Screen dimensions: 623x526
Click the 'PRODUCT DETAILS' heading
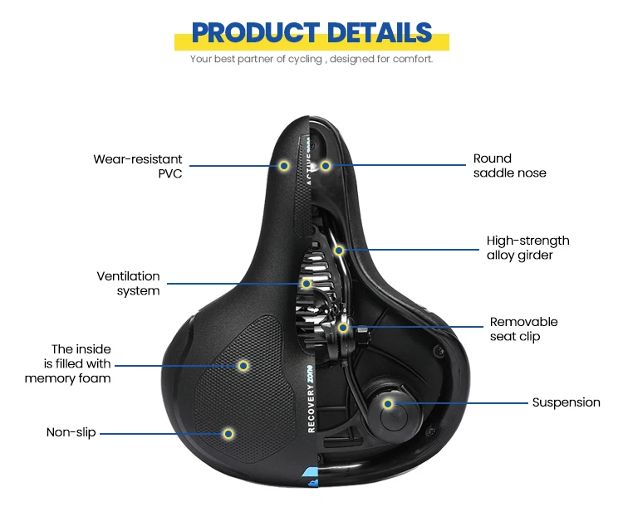point(311,32)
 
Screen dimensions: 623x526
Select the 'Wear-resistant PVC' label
point(138,166)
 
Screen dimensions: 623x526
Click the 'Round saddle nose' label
point(509,165)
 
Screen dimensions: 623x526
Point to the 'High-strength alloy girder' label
point(527,247)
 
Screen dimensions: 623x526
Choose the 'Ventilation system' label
point(128,283)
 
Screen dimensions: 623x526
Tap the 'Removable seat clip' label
point(523,329)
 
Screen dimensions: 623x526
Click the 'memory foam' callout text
point(68,363)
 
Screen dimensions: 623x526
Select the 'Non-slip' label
point(71,432)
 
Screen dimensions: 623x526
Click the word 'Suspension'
point(566,402)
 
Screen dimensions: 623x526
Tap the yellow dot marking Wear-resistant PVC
point(284,166)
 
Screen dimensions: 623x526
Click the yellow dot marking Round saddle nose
point(326,166)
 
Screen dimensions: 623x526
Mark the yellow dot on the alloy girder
point(339,250)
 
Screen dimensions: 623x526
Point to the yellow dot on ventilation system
point(307,284)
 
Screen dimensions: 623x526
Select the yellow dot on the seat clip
point(343,328)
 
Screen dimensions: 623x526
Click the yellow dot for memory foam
point(243,364)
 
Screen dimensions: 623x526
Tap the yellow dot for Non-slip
point(228,432)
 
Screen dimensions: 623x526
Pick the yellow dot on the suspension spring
point(387,403)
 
